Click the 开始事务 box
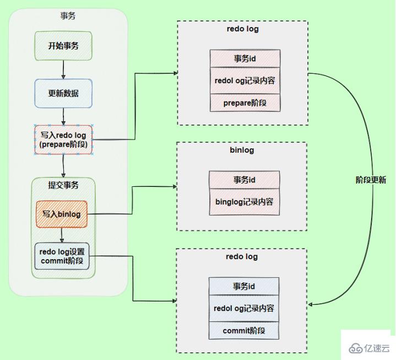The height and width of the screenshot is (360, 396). (x=64, y=46)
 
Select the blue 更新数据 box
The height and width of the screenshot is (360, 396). (x=63, y=93)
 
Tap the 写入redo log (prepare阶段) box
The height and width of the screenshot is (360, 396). (x=63, y=139)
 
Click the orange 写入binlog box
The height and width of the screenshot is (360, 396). (x=62, y=214)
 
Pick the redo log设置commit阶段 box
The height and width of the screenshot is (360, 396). (x=62, y=256)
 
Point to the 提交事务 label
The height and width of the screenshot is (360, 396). (x=63, y=185)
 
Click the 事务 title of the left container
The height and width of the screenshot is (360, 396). (x=68, y=15)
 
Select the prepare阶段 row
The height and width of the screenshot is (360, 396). (x=245, y=103)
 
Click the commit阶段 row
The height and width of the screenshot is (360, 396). (x=244, y=331)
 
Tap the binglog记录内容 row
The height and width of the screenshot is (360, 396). (x=244, y=202)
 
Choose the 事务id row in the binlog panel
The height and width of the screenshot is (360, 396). (x=244, y=180)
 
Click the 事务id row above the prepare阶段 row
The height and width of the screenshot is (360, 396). (x=245, y=58)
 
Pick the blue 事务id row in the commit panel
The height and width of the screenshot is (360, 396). (x=244, y=287)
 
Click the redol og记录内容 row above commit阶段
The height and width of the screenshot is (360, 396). (x=244, y=309)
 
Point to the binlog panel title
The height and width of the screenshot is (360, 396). (x=241, y=150)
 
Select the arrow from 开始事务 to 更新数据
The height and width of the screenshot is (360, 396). (x=64, y=69)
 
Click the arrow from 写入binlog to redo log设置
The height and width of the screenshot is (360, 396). (x=62, y=235)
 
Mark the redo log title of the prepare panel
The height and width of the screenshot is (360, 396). (x=242, y=29)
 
